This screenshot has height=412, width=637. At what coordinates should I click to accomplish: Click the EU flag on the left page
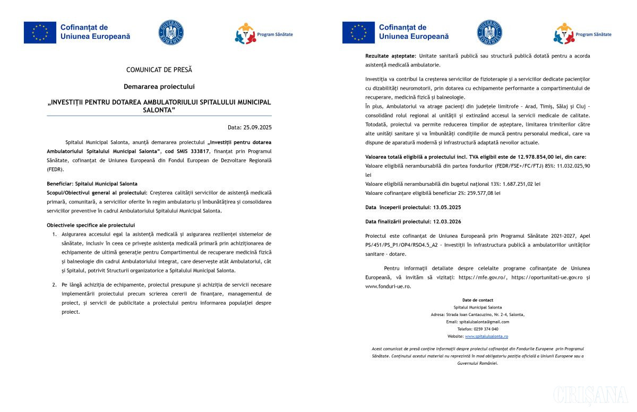[x=40, y=32]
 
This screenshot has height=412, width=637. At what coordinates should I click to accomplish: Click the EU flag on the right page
[x=358, y=32]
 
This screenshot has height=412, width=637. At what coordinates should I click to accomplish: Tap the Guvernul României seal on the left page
[x=171, y=32]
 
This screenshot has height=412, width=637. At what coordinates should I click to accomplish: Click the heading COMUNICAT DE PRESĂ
[x=159, y=70]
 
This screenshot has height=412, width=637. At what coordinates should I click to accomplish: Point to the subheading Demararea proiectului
[x=159, y=86]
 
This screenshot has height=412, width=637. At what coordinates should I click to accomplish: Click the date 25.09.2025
[x=257, y=127]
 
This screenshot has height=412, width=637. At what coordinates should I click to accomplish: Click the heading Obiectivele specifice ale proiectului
[x=91, y=225]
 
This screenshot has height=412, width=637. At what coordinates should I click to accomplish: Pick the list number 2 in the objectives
[x=54, y=285]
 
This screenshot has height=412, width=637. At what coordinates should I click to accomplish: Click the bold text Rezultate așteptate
[x=391, y=56]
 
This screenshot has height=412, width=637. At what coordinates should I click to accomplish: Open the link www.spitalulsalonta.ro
[x=486, y=337]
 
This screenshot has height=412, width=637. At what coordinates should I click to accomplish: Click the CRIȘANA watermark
[x=590, y=396]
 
